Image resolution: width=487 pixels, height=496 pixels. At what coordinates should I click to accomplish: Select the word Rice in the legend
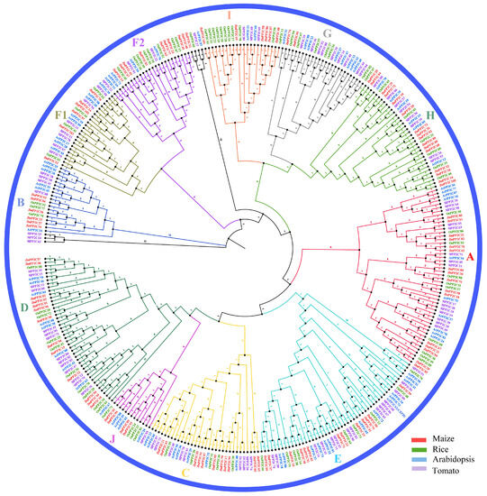click(x=440, y=449)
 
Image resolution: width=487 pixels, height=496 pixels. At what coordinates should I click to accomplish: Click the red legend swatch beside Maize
click(x=418, y=438)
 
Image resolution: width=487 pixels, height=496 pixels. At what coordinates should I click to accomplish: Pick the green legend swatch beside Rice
click(x=418, y=449)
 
